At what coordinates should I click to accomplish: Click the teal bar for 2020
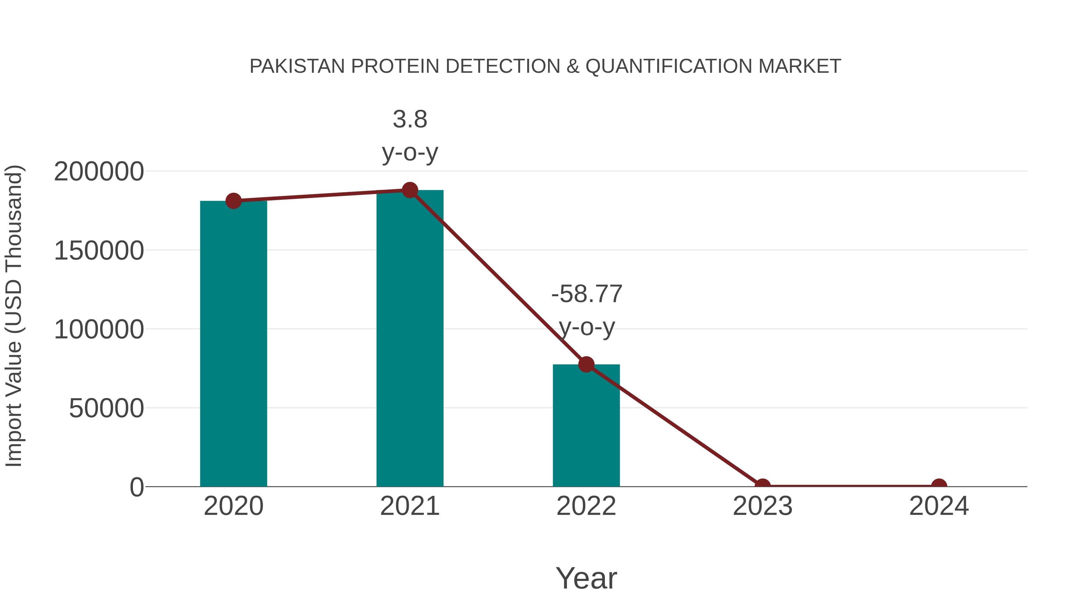tap(233, 343)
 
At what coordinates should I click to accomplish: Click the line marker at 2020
tap(233, 201)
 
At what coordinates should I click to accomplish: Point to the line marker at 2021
tap(409, 190)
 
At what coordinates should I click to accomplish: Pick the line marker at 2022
tap(586, 364)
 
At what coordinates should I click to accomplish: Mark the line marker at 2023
tap(762, 486)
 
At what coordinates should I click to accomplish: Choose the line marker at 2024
tap(939, 486)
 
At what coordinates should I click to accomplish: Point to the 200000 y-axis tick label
tap(99, 172)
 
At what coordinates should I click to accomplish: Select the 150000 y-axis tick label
tap(99, 251)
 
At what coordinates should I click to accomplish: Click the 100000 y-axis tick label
tap(99, 330)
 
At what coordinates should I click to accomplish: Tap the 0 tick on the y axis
tap(137, 487)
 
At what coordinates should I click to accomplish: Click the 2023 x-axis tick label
tap(762, 506)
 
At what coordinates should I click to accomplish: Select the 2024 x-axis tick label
tap(939, 506)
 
